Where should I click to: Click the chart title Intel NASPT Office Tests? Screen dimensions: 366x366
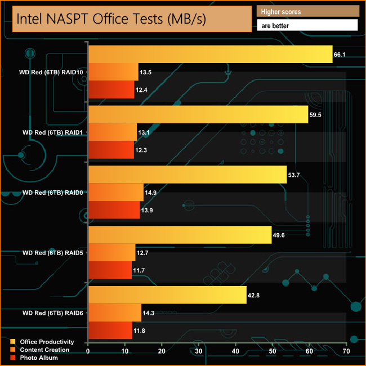point(111,19)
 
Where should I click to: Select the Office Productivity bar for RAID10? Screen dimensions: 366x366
point(210,55)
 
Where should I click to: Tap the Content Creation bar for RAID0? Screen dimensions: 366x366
point(116,192)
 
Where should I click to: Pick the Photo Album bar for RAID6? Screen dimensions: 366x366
point(110,330)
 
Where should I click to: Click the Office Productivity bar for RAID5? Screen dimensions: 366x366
point(180,234)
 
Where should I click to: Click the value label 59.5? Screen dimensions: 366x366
point(315,115)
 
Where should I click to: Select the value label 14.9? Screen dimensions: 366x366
point(150,193)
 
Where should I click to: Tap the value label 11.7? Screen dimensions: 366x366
point(139,270)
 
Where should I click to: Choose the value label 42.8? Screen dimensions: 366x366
point(254,295)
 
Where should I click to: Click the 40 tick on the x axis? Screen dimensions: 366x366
point(235,351)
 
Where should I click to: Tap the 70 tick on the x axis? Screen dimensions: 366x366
point(346,351)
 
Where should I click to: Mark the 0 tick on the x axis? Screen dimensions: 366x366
point(88,351)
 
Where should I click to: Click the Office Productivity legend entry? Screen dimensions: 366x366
point(46,342)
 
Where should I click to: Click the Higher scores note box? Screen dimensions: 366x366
point(307,11)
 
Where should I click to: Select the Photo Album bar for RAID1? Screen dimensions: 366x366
point(111,150)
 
